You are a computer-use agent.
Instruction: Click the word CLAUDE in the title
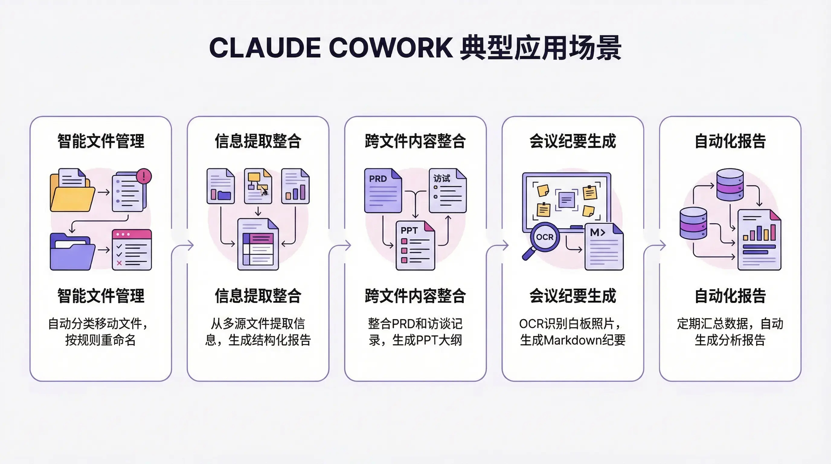click(x=265, y=48)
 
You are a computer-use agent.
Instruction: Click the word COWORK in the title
click(x=391, y=48)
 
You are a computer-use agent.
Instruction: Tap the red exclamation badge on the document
click(x=143, y=176)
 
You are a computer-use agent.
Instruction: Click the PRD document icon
click(x=383, y=190)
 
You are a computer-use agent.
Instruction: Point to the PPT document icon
click(x=415, y=245)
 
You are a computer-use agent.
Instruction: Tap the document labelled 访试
click(x=448, y=190)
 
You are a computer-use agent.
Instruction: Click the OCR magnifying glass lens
click(x=544, y=237)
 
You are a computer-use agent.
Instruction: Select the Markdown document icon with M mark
click(x=604, y=246)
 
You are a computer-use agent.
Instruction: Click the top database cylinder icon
click(x=730, y=185)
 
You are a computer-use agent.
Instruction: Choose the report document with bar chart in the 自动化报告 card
click(x=759, y=240)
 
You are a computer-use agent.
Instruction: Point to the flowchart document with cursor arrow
click(x=258, y=186)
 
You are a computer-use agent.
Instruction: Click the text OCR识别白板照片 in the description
click(x=570, y=324)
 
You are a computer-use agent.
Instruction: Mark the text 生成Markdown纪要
click(x=573, y=340)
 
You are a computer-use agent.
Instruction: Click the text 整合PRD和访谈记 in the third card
click(x=415, y=324)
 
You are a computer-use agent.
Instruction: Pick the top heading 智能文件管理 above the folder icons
click(x=101, y=141)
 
